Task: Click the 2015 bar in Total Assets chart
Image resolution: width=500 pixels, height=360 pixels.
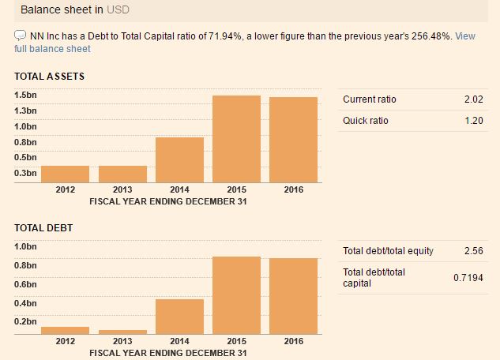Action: pos(236,139)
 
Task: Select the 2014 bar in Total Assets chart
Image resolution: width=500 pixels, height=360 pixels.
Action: pos(179,159)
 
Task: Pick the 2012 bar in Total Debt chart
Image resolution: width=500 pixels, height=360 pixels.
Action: pos(65,330)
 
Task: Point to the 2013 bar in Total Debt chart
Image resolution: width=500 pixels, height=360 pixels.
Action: pos(122,332)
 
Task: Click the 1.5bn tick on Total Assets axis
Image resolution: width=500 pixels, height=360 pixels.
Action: pos(25,95)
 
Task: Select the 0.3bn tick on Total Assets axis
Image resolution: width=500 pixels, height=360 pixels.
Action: pos(25,172)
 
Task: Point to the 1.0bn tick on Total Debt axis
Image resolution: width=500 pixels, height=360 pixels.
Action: pos(25,246)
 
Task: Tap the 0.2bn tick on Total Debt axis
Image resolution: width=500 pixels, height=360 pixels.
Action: pos(25,322)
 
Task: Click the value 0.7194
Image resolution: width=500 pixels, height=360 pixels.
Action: pos(468,278)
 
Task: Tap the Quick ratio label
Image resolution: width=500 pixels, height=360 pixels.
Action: pos(366,121)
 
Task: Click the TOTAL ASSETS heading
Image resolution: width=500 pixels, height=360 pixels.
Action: pos(49,77)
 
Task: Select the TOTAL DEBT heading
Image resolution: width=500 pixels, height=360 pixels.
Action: pos(43,228)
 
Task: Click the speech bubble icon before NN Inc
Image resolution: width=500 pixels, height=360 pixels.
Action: pos(20,36)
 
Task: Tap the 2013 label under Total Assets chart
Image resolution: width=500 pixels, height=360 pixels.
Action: pos(122,189)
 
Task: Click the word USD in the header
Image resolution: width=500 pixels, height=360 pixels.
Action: pos(118,10)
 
